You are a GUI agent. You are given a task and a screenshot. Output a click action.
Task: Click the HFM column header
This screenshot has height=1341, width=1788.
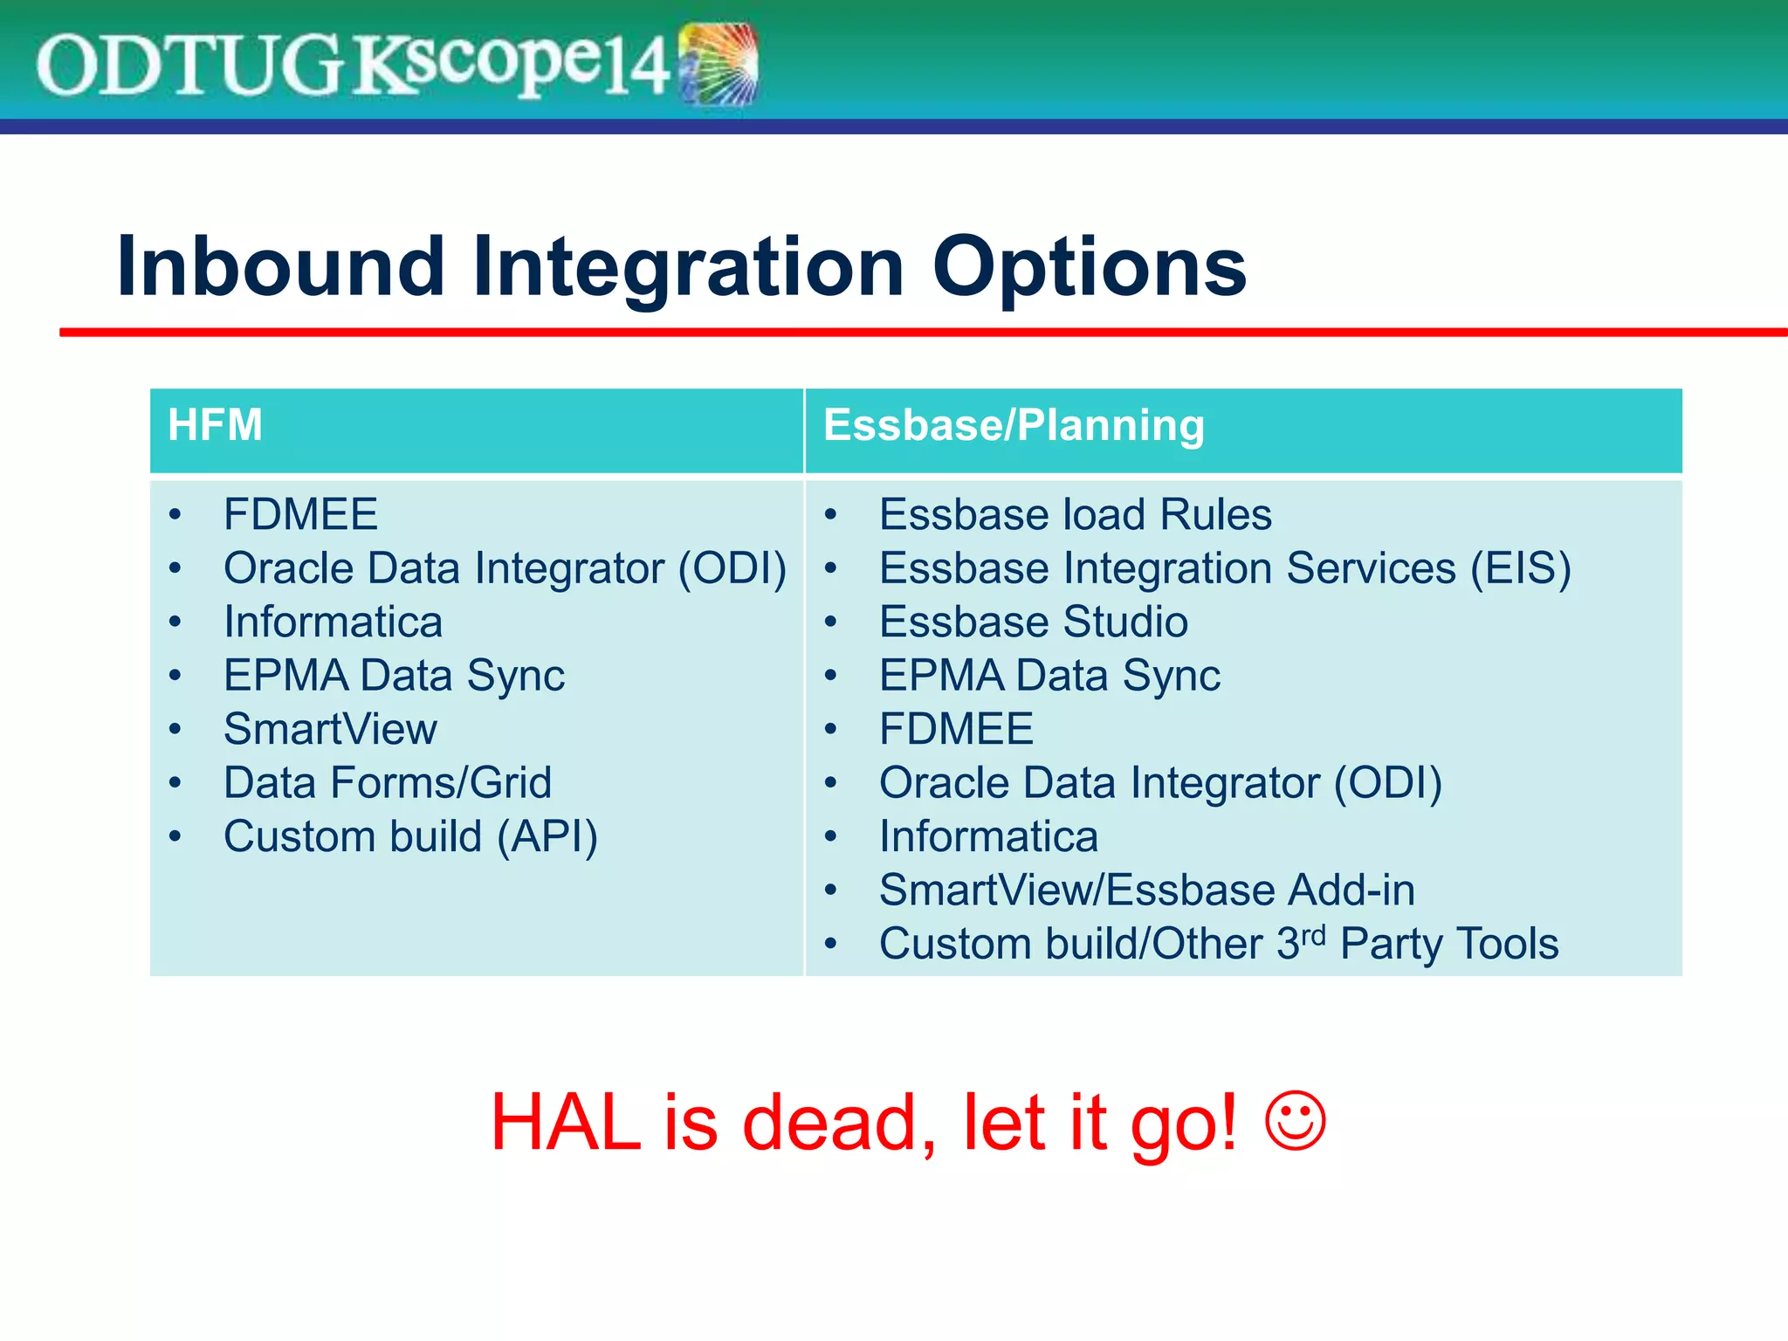point(215,426)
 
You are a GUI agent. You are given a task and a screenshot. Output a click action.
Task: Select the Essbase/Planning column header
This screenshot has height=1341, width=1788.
point(1013,426)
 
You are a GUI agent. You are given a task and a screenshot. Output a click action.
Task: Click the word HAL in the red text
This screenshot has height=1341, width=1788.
point(566,1124)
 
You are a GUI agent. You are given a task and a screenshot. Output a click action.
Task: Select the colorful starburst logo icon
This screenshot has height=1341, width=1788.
point(718,64)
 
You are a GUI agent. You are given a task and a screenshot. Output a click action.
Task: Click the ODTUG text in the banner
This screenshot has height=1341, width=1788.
point(188,66)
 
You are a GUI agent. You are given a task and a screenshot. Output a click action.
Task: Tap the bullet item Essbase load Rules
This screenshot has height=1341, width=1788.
point(1075,514)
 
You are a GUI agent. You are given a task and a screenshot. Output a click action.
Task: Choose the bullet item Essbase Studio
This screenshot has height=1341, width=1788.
point(1033,622)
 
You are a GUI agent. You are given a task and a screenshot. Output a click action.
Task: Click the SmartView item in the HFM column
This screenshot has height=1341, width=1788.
point(330,729)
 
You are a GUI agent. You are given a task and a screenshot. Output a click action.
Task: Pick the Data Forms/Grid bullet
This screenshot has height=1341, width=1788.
point(388,783)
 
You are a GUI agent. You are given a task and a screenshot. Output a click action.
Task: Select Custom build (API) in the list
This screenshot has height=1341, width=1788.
point(410,836)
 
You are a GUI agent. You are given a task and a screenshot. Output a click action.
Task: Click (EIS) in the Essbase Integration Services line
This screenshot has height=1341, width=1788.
point(1520,568)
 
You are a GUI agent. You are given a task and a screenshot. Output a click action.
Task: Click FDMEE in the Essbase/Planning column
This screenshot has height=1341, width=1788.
point(956,729)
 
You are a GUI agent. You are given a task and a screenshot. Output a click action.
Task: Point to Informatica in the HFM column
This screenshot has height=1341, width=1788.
point(333,622)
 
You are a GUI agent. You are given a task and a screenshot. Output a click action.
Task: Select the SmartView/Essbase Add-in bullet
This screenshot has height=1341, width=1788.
point(1146,891)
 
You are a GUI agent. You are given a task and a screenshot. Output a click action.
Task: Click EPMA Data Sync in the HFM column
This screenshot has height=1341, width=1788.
point(394,676)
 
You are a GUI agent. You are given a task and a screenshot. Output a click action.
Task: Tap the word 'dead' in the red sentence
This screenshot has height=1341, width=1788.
point(838,1124)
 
